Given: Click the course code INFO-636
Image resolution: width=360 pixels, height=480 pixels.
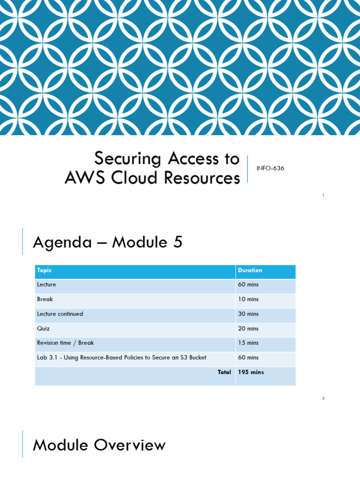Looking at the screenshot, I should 270,168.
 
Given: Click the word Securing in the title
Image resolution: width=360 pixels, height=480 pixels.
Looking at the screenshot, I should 127,159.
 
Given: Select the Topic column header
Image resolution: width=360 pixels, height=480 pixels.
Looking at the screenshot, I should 45,270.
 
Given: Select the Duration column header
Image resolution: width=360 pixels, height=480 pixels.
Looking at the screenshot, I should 250,270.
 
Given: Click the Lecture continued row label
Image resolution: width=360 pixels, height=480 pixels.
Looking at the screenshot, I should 60,314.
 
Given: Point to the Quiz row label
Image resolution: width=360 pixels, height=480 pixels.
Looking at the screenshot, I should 43,329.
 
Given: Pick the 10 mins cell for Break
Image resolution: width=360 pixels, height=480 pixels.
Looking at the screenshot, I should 248,300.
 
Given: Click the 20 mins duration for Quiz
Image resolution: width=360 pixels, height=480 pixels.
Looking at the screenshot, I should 248,329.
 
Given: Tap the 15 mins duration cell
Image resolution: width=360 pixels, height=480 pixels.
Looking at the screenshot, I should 248,343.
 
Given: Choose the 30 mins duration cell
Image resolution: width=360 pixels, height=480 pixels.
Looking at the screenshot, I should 248,314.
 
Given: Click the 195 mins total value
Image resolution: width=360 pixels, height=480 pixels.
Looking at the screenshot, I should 251,372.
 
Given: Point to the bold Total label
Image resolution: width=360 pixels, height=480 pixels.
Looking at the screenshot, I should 224,372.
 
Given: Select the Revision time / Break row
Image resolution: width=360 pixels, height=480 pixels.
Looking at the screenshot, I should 65,343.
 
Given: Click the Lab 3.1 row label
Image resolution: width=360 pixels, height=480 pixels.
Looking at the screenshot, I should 121,358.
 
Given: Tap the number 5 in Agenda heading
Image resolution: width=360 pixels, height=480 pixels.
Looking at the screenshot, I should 178,242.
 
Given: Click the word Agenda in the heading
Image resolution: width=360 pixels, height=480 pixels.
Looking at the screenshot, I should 62,242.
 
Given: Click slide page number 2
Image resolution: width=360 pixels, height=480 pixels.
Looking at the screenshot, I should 323,398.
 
